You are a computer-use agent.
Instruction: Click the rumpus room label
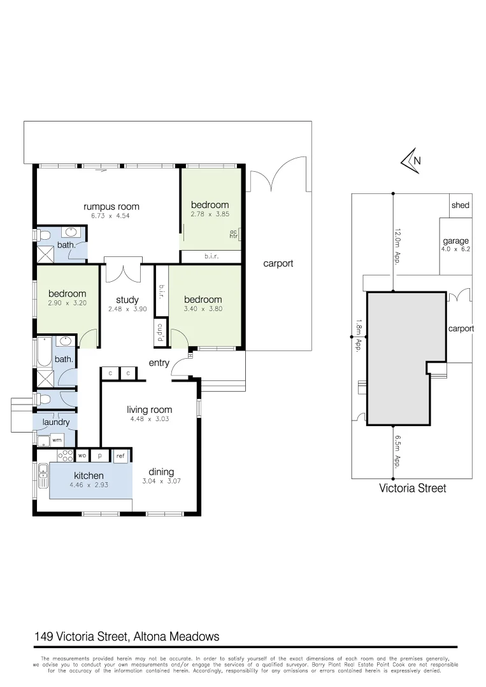111,206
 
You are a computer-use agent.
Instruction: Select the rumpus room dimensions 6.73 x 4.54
111,216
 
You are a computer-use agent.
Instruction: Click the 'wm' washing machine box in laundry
57,440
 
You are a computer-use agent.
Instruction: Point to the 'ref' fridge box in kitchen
120,455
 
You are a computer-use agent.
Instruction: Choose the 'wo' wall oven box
82,455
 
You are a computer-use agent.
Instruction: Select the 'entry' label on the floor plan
159,363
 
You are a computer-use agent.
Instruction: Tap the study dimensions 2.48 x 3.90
127,309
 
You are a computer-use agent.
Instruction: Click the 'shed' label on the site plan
460,205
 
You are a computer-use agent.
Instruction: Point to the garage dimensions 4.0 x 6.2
455,249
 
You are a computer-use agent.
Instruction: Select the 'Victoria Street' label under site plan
412,489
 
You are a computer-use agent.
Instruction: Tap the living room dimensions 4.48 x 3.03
149,419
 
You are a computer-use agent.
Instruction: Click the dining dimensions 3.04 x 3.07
161,482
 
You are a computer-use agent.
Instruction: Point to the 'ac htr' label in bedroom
233,234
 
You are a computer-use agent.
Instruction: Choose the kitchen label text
89,475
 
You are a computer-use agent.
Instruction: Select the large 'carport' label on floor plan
278,263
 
